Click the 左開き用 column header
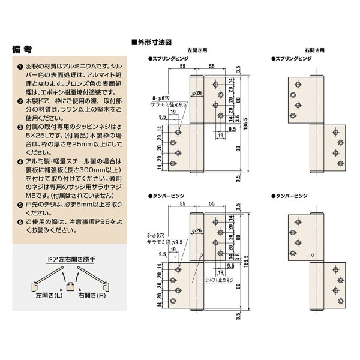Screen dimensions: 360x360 point(197,52)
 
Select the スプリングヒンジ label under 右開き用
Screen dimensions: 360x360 point(291,59)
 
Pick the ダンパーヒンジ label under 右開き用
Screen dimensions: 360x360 point(291,196)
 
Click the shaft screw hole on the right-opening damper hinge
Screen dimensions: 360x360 point(311,254)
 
